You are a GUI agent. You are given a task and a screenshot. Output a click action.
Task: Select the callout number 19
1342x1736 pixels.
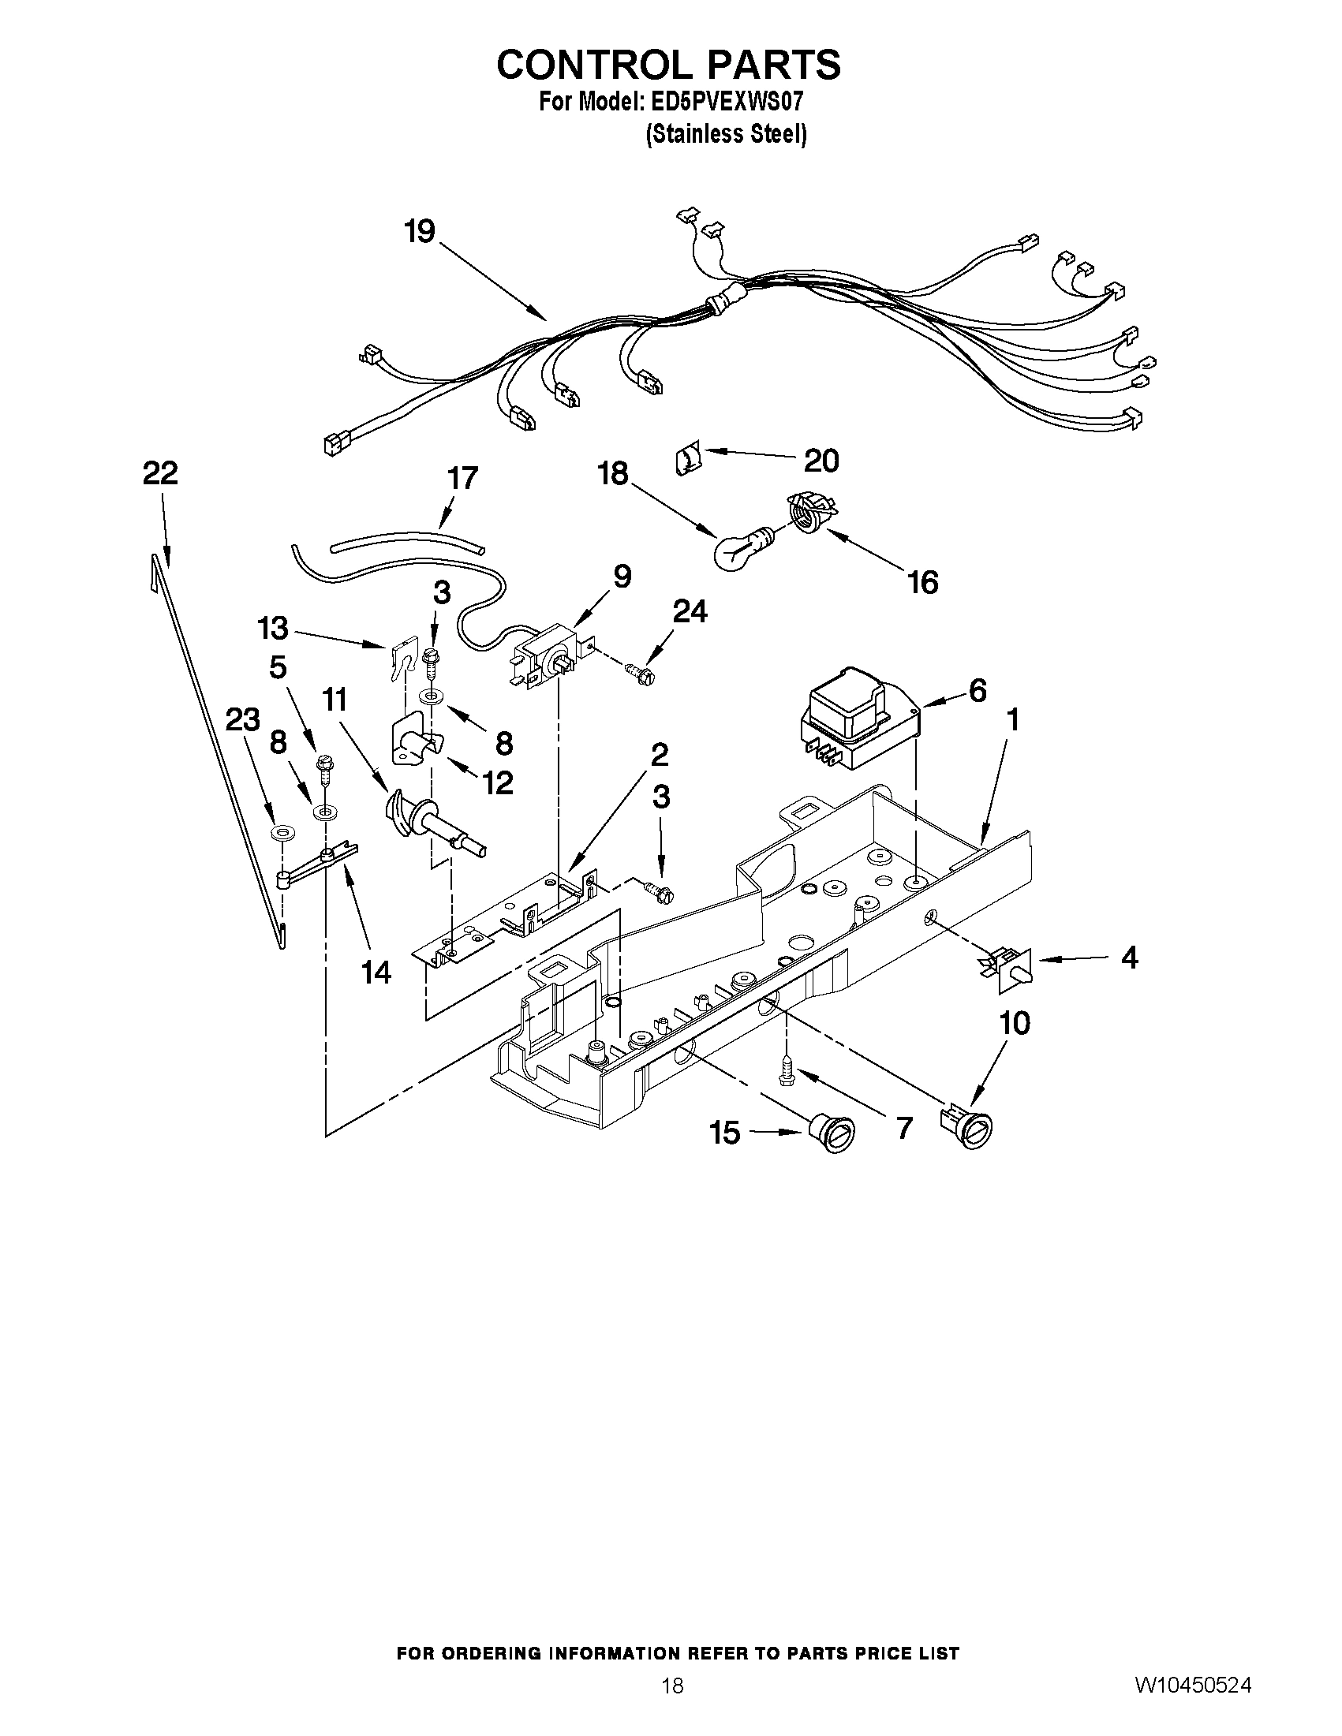419,232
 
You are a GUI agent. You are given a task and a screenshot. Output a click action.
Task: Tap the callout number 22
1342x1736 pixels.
160,474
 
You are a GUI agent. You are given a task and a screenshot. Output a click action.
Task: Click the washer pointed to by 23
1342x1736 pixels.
280,834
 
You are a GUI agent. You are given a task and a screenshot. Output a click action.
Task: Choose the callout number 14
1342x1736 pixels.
376,972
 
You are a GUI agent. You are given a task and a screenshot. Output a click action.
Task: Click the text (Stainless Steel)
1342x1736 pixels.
725,134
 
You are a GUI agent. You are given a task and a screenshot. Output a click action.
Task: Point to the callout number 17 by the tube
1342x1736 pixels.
462,479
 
